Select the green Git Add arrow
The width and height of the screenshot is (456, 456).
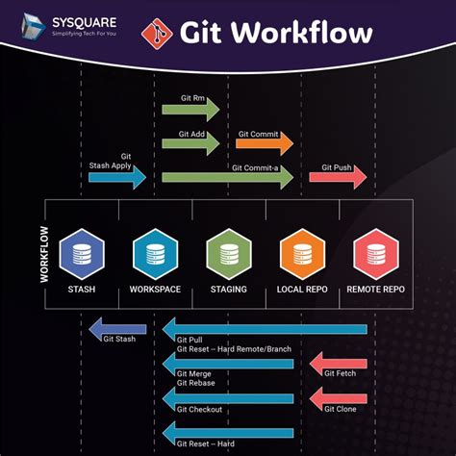192,143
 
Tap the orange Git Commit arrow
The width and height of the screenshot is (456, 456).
264,143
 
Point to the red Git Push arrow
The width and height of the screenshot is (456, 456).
338,177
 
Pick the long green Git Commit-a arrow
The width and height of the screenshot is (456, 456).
227,178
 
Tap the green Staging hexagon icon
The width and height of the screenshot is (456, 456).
228,254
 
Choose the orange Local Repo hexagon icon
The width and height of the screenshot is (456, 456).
301,254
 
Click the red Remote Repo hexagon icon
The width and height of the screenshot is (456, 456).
374,254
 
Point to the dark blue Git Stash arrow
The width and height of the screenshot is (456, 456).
116,331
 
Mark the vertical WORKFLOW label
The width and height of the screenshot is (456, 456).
43,254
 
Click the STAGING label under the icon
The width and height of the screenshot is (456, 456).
228,290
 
